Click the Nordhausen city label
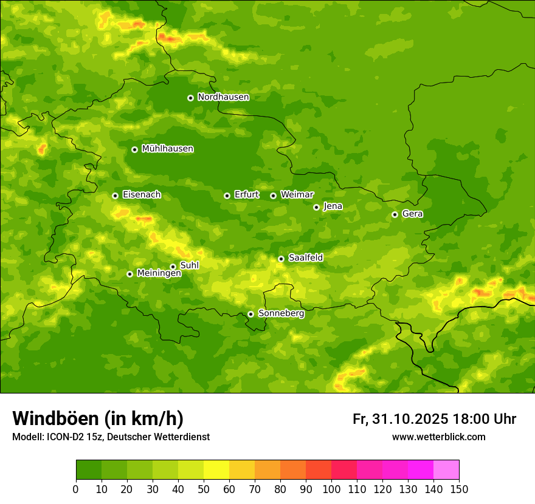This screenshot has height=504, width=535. [223, 97]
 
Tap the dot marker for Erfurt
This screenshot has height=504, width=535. [227, 196]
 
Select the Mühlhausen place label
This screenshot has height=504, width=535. [167, 149]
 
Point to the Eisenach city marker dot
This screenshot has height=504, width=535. [115, 196]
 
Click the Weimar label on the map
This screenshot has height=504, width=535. [297, 195]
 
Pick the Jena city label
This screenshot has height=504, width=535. [333, 206]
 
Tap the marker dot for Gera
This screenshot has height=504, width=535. [395, 214]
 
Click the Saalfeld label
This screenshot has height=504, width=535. [305, 258]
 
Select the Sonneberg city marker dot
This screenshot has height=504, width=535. [250, 314]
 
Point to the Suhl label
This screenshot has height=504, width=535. [189, 265]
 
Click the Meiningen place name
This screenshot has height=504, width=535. [159, 273]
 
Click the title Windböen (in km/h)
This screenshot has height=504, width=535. [97, 418]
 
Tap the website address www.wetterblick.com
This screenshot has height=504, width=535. [438, 437]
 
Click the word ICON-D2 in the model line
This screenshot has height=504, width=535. [66, 437]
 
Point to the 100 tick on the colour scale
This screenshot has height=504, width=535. [331, 489]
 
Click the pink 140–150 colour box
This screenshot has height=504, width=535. [446, 470]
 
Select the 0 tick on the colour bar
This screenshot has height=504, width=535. [76, 489]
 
